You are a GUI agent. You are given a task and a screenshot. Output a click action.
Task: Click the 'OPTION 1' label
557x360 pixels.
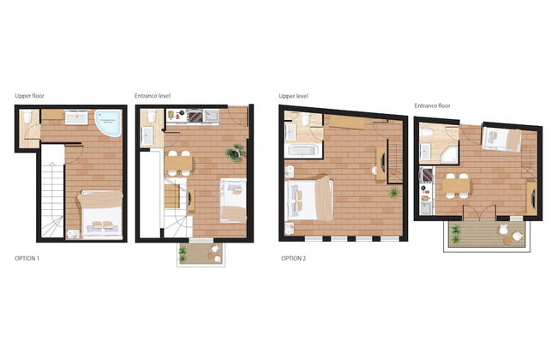[x=27, y=258]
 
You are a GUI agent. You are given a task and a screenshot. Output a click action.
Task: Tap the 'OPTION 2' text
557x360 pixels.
[x=293, y=258]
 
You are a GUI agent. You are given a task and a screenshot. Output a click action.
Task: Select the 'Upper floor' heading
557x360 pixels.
[x=29, y=96]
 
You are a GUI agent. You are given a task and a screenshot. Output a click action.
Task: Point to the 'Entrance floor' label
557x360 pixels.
[x=432, y=105]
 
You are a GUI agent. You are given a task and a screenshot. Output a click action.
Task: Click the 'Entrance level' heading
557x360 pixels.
[x=153, y=96]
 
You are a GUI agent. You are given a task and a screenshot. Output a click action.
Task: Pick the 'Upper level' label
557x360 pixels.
[x=293, y=96]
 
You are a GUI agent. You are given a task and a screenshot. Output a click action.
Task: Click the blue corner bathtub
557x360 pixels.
[x=109, y=123]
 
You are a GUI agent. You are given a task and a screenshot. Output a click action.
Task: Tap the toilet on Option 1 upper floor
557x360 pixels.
[x=27, y=117]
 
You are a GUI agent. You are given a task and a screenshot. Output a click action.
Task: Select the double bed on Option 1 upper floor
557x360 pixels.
[x=100, y=215]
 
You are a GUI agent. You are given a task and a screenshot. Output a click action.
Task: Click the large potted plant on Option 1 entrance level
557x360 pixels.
[x=235, y=153]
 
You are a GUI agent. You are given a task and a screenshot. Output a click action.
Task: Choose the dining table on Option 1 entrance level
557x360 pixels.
[x=178, y=164]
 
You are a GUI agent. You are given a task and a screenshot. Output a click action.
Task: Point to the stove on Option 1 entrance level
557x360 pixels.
[x=195, y=117]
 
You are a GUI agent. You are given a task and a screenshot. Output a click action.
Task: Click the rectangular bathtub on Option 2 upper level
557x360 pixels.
[x=302, y=150]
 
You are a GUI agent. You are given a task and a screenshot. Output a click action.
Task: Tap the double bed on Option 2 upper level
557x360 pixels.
[x=310, y=199]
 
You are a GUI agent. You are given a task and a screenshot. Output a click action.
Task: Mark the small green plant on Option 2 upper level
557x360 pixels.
[x=393, y=194]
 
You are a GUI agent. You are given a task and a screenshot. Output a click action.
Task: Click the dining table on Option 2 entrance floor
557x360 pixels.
[x=457, y=185]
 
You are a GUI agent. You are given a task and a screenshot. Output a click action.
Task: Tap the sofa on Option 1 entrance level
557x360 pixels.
[x=233, y=201]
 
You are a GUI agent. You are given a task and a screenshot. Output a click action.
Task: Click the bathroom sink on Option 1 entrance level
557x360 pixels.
[x=147, y=135]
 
